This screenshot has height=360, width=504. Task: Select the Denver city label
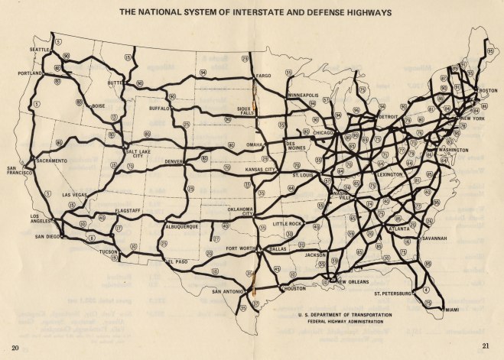175,162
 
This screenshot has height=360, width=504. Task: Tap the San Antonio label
227,291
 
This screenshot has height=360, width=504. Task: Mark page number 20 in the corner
14,348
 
